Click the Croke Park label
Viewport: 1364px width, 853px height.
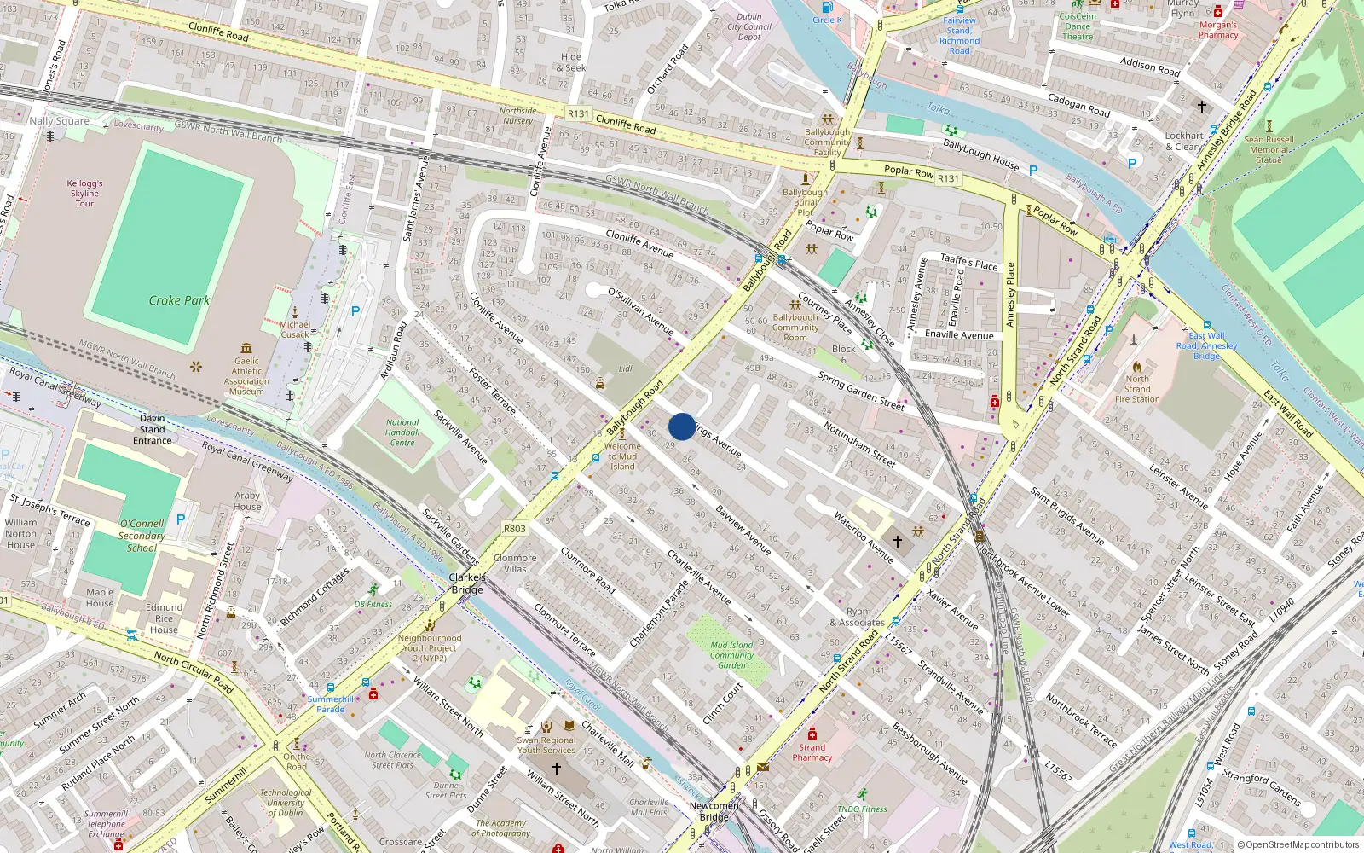click(179, 300)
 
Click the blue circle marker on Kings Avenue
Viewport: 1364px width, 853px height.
click(682, 426)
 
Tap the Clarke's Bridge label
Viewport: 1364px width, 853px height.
click(467, 583)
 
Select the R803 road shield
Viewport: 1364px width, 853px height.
click(514, 528)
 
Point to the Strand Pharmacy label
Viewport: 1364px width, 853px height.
click(812, 752)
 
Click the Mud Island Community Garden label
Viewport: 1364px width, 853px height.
click(731, 655)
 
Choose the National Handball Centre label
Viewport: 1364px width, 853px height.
click(402, 432)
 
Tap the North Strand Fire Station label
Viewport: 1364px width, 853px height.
click(1137, 389)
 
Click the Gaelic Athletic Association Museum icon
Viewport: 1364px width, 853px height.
click(246, 348)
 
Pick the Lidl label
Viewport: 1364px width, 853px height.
click(625, 369)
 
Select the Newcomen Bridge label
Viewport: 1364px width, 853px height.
click(714, 811)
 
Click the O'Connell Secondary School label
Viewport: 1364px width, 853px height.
click(142, 536)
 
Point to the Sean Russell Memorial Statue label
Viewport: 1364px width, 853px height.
click(1269, 149)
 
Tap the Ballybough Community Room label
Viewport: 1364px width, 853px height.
click(795, 328)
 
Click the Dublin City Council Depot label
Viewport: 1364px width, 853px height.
click(749, 26)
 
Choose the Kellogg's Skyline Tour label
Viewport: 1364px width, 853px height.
click(84, 194)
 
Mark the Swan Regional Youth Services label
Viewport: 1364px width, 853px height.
click(546, 746)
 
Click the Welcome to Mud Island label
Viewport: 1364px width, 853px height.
click(622, 456)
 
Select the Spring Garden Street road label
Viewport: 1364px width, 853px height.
click(861, 391)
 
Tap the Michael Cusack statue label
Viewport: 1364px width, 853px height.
click(295, 329)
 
